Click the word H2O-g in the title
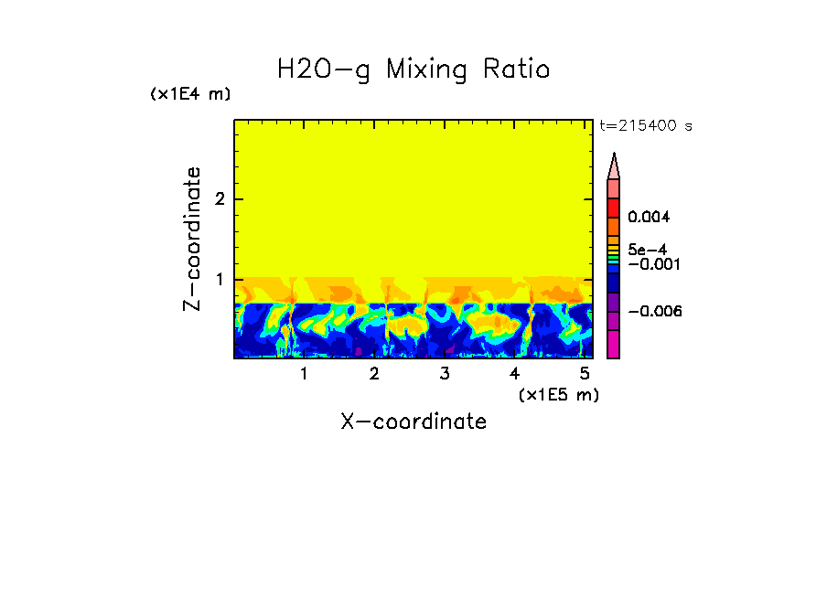tap(324, 69)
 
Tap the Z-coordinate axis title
tap(192, 239)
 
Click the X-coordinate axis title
tap(413, 422)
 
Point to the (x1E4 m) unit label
tap(190, 94)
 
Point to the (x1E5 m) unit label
tap(558, 395)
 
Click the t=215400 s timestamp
tap(646, 126)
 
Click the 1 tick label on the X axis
tap(304, 374)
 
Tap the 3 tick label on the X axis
tap(445, 374)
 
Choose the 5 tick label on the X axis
tap(585, 374)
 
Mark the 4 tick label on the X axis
tap(514, 374)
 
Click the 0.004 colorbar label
tap(649, 218)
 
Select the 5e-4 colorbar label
tap(647, 249)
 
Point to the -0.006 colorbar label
tap(655, 312)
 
